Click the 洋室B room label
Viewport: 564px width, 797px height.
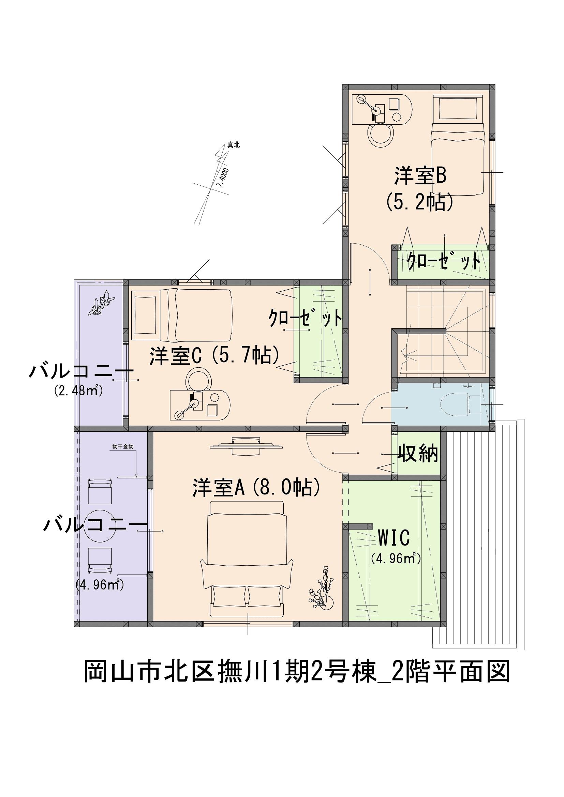click(x=420, y=176)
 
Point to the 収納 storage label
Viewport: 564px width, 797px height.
click(x=418, y=453)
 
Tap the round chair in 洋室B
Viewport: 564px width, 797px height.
click(x=381, y=135)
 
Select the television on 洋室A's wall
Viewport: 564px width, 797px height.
click(x=246, y=446)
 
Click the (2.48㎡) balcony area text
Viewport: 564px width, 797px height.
click(x=78, y=391)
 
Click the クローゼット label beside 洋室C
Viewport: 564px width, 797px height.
click(x=305, y=319)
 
